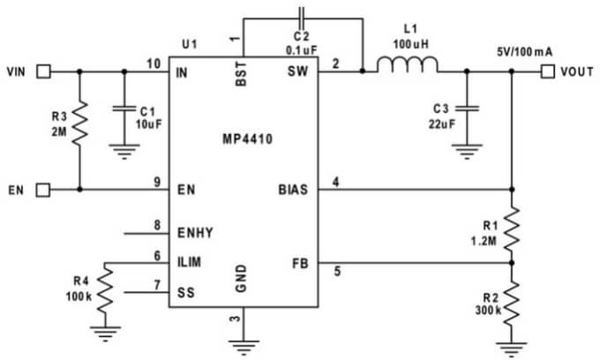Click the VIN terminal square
(x=41, y=71)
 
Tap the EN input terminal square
(x=41, y=189)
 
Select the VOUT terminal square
(x=548, y=71)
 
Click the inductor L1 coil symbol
(x=408, y=65)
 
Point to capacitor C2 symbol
(x=302, y=16)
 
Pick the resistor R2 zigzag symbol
(x=513, y=301)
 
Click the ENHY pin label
(x=196, y=233)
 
